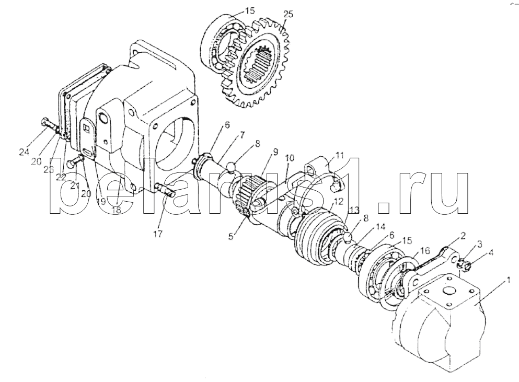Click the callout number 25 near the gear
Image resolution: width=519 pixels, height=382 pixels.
288,15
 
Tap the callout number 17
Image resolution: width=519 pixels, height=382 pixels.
158,234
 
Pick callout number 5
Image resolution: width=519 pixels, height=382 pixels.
231,237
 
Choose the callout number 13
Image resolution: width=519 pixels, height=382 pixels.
354,210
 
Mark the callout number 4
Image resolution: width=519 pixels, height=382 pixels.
491,252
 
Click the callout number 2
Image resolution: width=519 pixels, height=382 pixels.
463,236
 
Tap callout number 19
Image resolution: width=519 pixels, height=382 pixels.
101,201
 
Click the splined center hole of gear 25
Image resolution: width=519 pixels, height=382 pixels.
260,65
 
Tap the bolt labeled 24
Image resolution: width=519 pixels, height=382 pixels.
50,126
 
